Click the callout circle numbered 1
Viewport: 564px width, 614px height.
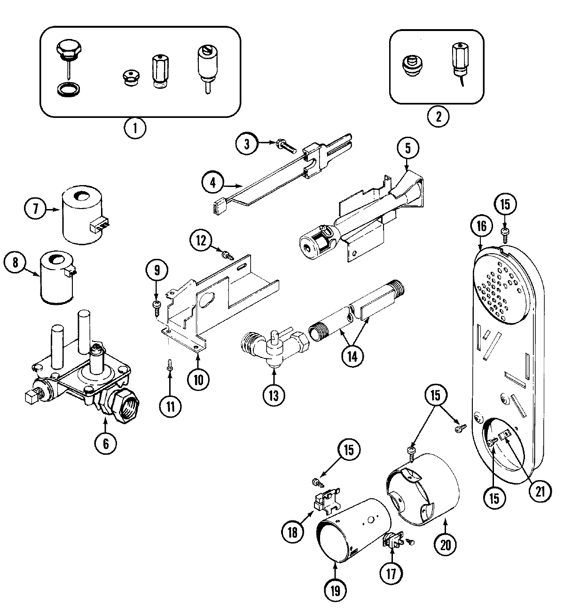pyautogui.click(x=135, y=128)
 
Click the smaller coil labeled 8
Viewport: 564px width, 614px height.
pyautogui.click(x=57, y=277)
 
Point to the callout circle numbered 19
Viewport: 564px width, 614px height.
pyautogui.click(x=335, y=588)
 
